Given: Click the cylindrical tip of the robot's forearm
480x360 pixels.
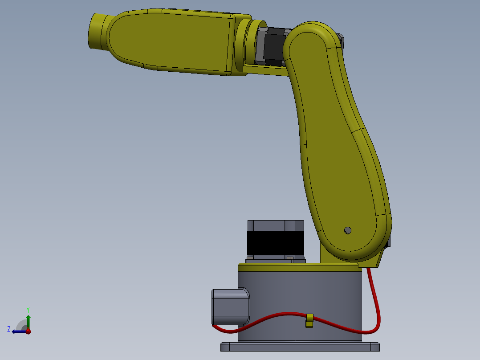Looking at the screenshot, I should point(97,32).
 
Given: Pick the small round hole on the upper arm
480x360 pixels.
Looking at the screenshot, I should point(348,230).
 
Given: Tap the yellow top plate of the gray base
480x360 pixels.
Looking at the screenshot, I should point(298,267).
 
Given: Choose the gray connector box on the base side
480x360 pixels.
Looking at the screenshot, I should point(230,307).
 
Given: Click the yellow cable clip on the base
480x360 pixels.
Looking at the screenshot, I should point(309,320).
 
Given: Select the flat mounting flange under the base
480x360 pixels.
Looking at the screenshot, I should point(300,347).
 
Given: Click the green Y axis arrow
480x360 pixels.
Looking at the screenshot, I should point(28,320).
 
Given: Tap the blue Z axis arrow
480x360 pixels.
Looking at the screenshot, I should point(18,331).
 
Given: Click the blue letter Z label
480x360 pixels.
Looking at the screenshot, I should point(9,329).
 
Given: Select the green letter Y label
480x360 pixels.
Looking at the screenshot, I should point(28,309).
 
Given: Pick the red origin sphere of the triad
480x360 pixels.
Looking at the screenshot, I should point(28,331).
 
